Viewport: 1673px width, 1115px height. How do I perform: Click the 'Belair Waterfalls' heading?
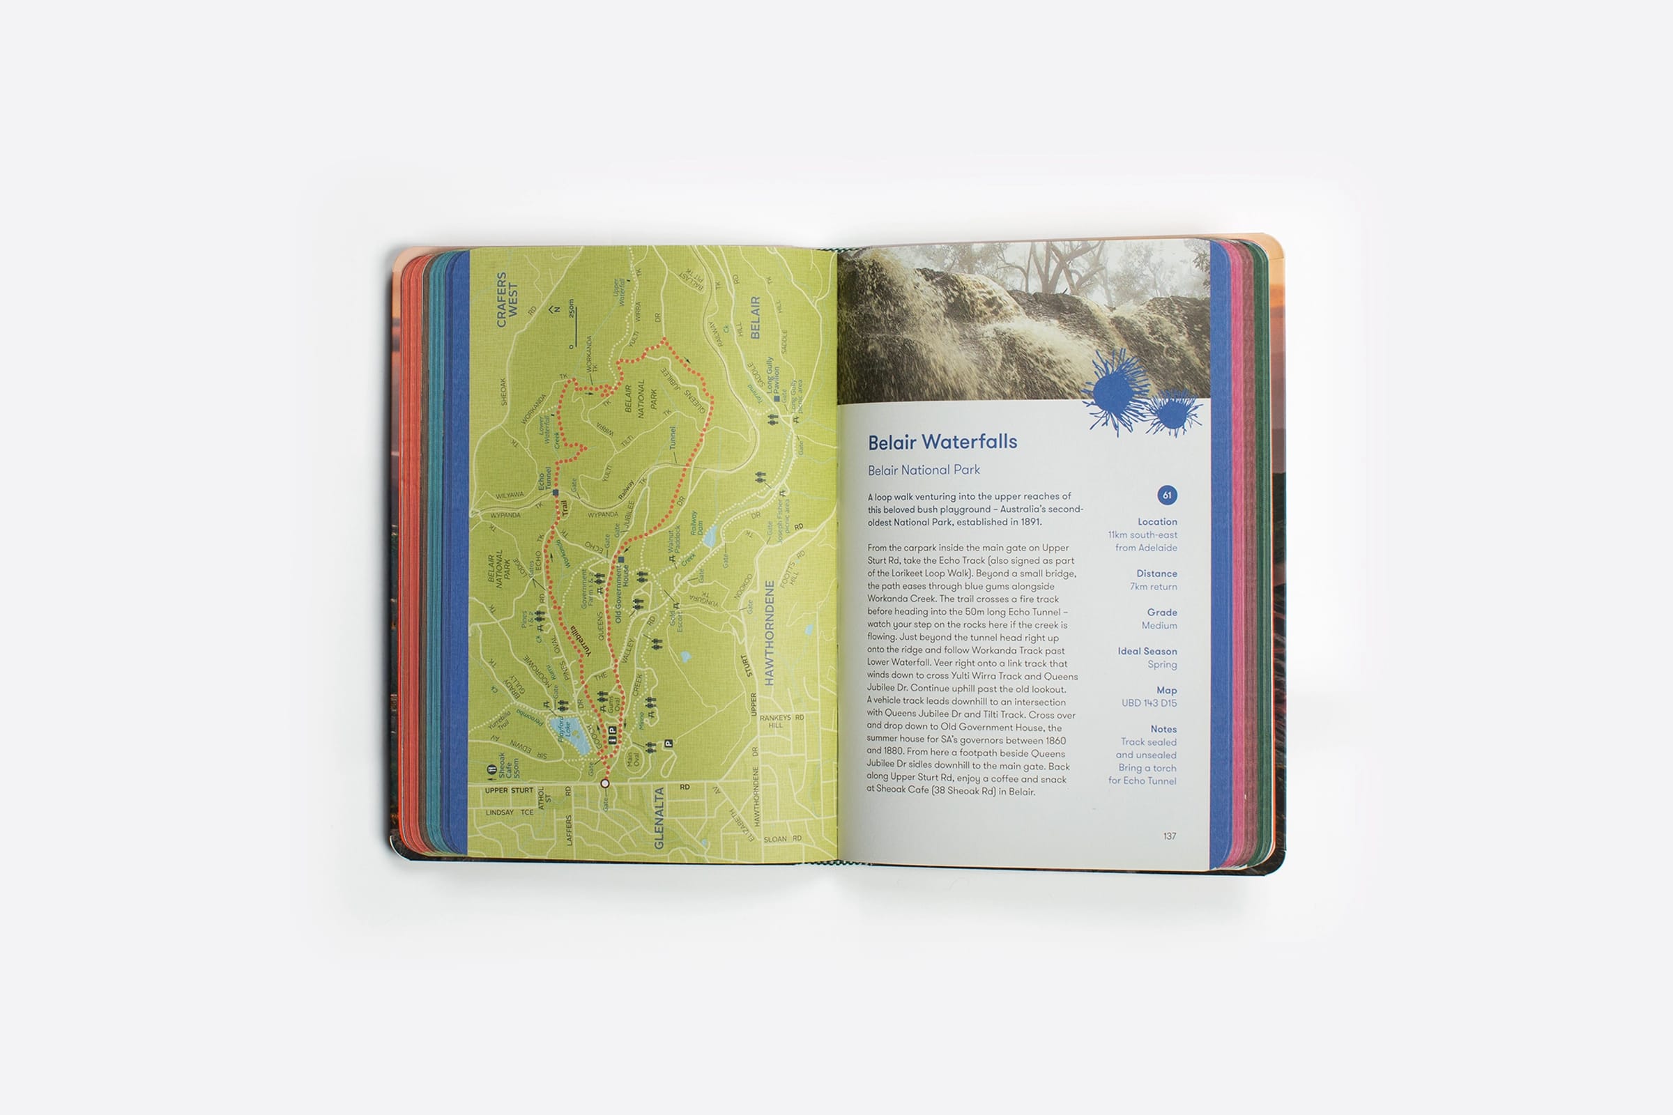click(942, 443)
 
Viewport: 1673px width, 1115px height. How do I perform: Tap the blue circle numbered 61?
click(1166, 495)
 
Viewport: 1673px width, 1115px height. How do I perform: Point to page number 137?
click(1170, 836)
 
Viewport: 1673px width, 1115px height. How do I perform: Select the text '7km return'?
click(1153, 587)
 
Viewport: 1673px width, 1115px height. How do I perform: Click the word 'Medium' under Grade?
click(1159, 626)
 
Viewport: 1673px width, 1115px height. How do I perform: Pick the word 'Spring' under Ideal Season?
click(1161, 665)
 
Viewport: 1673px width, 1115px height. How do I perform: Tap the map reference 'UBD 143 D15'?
click(1149, 703)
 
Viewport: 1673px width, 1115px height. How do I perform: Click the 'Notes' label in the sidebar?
click(1163, 729)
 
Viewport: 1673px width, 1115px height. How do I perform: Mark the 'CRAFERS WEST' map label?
click(507, 300)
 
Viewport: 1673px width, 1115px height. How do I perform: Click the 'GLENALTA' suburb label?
click(659, 817)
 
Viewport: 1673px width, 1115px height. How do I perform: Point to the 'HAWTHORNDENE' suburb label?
click(768, 633)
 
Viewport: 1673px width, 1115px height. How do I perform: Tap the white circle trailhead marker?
click(604, 783)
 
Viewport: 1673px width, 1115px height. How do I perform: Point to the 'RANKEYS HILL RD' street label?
click(780, 721)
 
